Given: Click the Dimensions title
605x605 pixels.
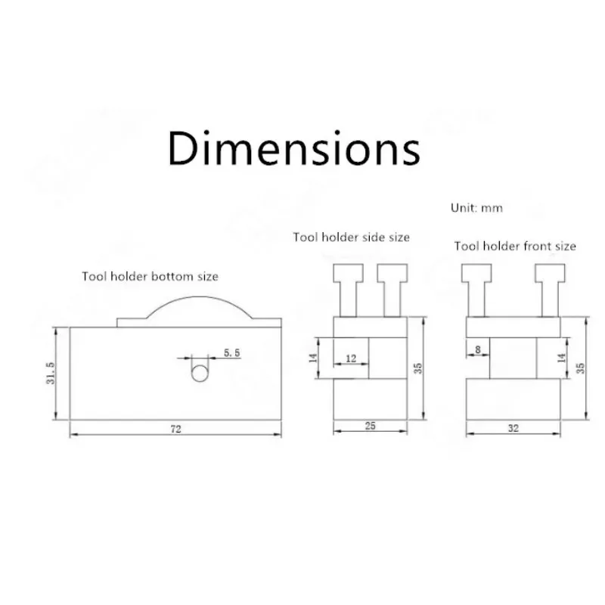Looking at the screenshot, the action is pos(294,148).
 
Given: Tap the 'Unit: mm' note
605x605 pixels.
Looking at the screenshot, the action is pos(476,208).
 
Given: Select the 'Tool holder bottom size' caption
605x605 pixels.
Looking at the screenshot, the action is pos(150,276).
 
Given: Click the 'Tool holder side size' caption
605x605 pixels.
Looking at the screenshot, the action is pos(351,237).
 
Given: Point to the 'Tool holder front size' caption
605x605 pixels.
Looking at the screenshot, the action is pos(515,246).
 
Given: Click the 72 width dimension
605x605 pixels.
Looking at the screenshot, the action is pos(176,429).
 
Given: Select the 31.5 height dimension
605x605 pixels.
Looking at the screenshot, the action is pos(51,373).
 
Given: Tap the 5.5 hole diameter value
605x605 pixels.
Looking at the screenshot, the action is pos(231,352).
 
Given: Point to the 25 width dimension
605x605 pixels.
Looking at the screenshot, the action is pos(370,426).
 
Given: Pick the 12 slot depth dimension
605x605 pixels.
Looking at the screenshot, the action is pos(351,358).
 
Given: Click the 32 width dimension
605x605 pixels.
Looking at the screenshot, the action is pos(513,428).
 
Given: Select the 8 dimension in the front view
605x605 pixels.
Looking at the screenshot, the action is pos(478,349).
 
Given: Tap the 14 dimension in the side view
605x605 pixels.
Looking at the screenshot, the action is pos(313,358).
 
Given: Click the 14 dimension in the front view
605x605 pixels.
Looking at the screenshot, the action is pos(561,358).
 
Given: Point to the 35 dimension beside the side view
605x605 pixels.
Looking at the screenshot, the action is pos(417,368).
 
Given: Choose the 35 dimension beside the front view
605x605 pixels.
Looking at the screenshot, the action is pos(580,368).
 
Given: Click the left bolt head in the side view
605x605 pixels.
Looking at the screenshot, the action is pos(349,273).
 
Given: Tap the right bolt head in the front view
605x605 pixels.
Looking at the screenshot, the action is pos(550,273).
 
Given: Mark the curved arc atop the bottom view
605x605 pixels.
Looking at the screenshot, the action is pos(200,296).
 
